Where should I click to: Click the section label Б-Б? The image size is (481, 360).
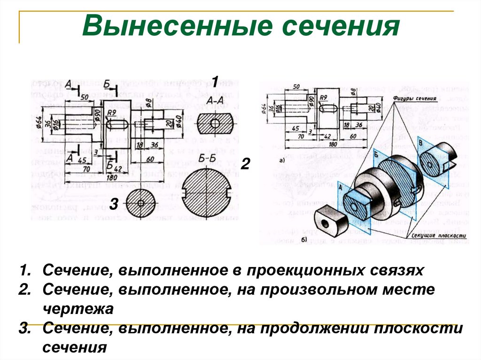click(x=207, y=158)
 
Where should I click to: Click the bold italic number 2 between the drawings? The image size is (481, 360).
click(x=245, y=164)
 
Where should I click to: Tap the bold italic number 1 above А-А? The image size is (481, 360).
click(x=214, y=82)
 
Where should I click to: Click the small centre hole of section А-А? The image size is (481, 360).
click(x=215, y=123)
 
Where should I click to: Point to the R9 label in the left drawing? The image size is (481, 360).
click(x=111, y=113)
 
